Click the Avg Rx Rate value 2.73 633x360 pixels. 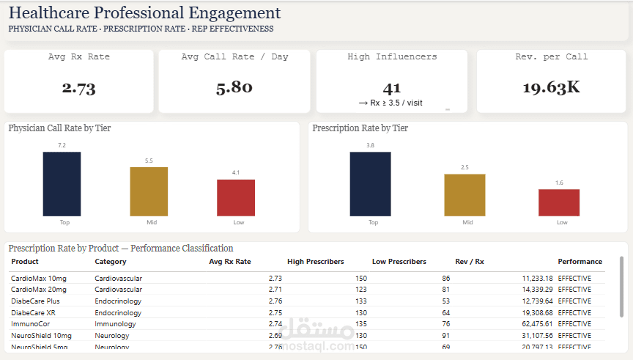78,89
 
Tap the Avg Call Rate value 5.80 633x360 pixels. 234,87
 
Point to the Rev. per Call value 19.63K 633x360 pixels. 551,88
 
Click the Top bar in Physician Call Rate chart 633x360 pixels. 62,183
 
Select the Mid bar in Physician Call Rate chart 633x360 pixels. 149,191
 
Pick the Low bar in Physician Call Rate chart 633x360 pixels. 236,197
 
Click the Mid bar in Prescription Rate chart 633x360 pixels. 464,195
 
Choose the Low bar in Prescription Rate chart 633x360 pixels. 559,202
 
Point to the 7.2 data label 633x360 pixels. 62,146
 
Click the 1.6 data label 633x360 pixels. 559,183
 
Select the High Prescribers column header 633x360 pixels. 315,262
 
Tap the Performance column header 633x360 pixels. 580,262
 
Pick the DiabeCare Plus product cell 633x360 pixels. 35,301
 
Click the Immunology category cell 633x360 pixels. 115,323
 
